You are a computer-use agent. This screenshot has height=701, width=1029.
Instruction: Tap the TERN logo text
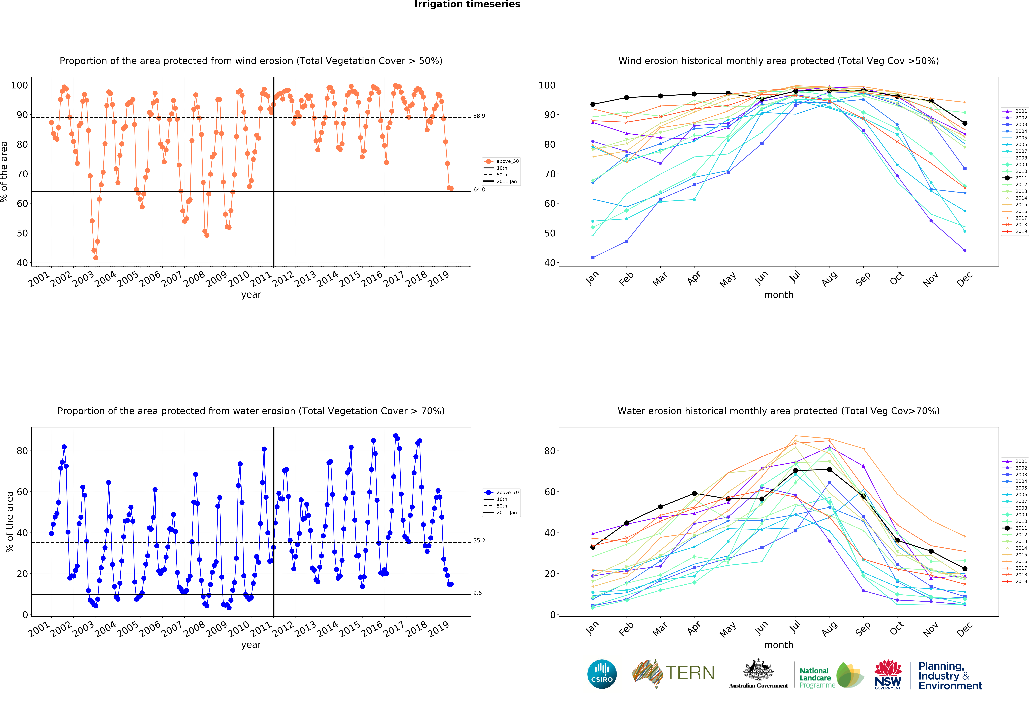point(690,673)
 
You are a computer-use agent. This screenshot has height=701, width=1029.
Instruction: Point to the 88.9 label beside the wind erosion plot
point(479,116)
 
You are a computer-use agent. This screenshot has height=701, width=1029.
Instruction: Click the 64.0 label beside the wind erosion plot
point(479,189)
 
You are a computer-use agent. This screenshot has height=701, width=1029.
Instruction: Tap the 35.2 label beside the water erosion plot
point(479,540)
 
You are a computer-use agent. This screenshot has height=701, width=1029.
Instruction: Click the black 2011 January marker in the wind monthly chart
point(593,104)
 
